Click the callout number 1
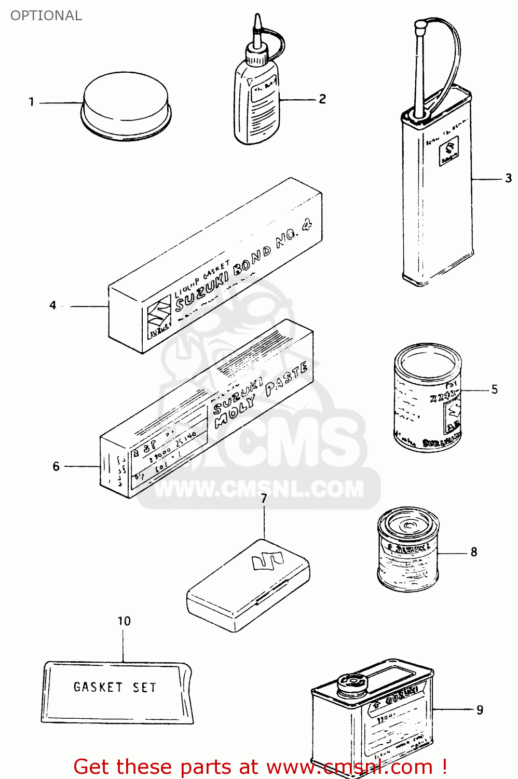pyautogui.click(x=31, y=102)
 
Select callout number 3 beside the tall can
pyautogui.click(x=508, y=178)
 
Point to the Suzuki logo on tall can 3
pyautogui.click(x=449, y=151)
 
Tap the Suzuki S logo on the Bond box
pyautogui.click(x=158, y=312)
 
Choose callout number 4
pyautogui.click(x=52, y=305)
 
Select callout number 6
pyautogui.click(x=56, y=466)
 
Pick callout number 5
pyautogui.click(x=494, y=389)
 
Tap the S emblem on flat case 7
pyautogui.click(x=267, y=561)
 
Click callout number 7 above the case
pyautogui.click(x=264, y=499)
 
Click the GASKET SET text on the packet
pyautogui.click(x=115, y=687)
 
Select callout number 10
pyautogui.click(x=124, y=621)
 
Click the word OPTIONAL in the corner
pyautogui.click(x=46, y=16)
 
